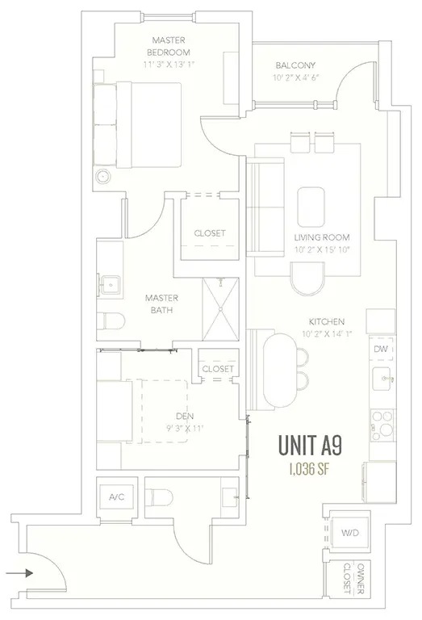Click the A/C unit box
(x=117, y=496)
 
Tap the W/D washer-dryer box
(x=350, y=533)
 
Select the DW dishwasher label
(x=381, y=349)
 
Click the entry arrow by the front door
(x=19, y=572)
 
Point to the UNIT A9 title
(x=310, y=446)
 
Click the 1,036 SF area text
(x=309, y=469)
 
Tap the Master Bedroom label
(x=169, y=46)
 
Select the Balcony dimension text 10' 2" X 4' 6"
(x=295, y=77)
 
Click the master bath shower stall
(x=220, y=309)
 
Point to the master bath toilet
(x=111, y=321)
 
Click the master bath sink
(x=110, y=284)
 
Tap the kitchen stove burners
(x=382, y=425)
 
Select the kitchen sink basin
(x=382, y=379)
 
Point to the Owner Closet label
(x=353, y=579)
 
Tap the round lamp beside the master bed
(x=104, y=175)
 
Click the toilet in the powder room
(x=159, y=496)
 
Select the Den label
(x=185, y=416)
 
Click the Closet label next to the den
(x=218, y=369)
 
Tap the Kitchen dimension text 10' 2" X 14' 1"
(x=327, y=333)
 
